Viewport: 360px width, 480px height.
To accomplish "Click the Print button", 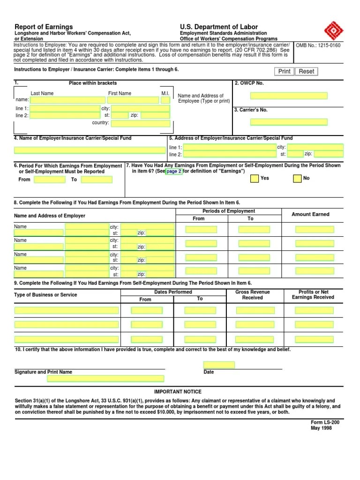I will [284, 71].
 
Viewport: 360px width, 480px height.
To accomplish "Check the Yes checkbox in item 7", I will [254, 179].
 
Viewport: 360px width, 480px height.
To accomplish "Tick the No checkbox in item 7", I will [297, 179].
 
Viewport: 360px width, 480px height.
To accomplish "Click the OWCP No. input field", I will [288, 96].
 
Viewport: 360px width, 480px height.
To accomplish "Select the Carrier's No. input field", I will [288, 122].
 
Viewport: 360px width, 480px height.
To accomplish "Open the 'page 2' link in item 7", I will [174, 172].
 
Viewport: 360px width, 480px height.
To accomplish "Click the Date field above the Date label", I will [219, 365].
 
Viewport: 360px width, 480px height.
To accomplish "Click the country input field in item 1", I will [141, 123].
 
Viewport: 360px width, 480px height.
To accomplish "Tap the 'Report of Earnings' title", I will [44, 27].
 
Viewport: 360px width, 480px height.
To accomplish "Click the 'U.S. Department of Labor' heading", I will [219, 27].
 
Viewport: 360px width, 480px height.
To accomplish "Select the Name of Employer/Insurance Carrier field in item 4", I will [89, 150].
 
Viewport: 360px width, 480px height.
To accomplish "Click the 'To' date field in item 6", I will [97, 180].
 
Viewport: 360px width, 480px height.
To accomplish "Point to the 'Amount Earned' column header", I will [310, 214].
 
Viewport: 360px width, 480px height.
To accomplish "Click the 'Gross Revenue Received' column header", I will [252, 295].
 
